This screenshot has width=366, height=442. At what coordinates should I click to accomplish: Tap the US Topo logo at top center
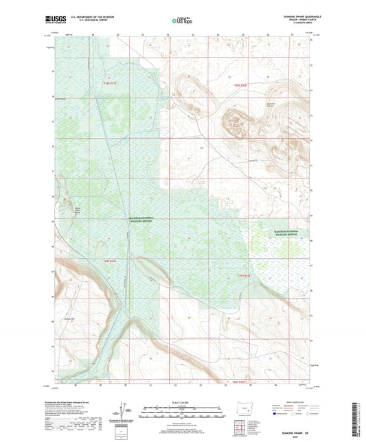point(181,21)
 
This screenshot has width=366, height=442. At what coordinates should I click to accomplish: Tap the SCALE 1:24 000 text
point(183,402)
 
